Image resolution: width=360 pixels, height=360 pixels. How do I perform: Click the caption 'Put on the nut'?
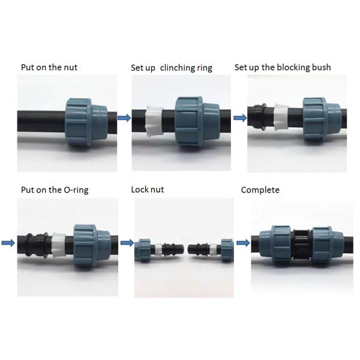tap(49, 67)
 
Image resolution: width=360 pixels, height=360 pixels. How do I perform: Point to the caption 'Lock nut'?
tap(147, 190)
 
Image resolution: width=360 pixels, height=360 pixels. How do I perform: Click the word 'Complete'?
tap(260, 190)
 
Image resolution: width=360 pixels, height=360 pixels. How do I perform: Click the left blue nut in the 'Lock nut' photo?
tap(143, 248)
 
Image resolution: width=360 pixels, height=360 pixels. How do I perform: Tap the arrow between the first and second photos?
tap(124, 118)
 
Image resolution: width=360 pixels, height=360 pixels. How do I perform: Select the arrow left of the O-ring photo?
tap(8, 243)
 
